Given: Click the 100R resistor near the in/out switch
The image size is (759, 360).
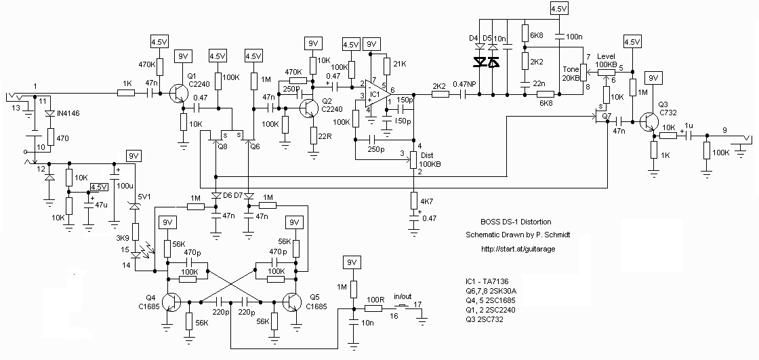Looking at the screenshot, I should pyautogui.click(x=373, y=308).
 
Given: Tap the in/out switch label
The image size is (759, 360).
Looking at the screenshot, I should pyautogui.click(x=402, y=296).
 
